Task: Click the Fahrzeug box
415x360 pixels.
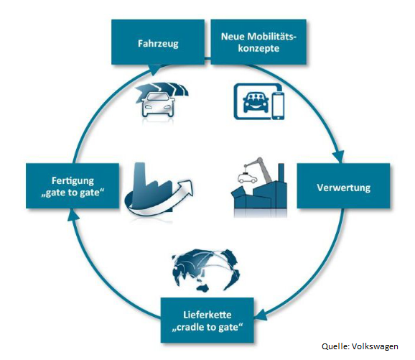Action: coord(158,42)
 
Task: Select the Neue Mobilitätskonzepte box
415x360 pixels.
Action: coord(258,42)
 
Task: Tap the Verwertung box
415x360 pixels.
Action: coord(343,185)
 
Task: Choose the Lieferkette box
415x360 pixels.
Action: coord(207,320)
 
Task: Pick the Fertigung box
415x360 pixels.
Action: coord(73,185)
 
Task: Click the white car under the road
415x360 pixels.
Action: coord(158,104)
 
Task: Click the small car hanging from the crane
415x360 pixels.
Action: coord(248,177)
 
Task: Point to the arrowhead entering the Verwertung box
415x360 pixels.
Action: coord(338,157)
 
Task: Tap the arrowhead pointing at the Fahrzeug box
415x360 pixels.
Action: coord(154,70)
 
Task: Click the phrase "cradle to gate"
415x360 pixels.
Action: coord(207,328)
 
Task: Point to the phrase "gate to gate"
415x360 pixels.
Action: coord(73,193)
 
